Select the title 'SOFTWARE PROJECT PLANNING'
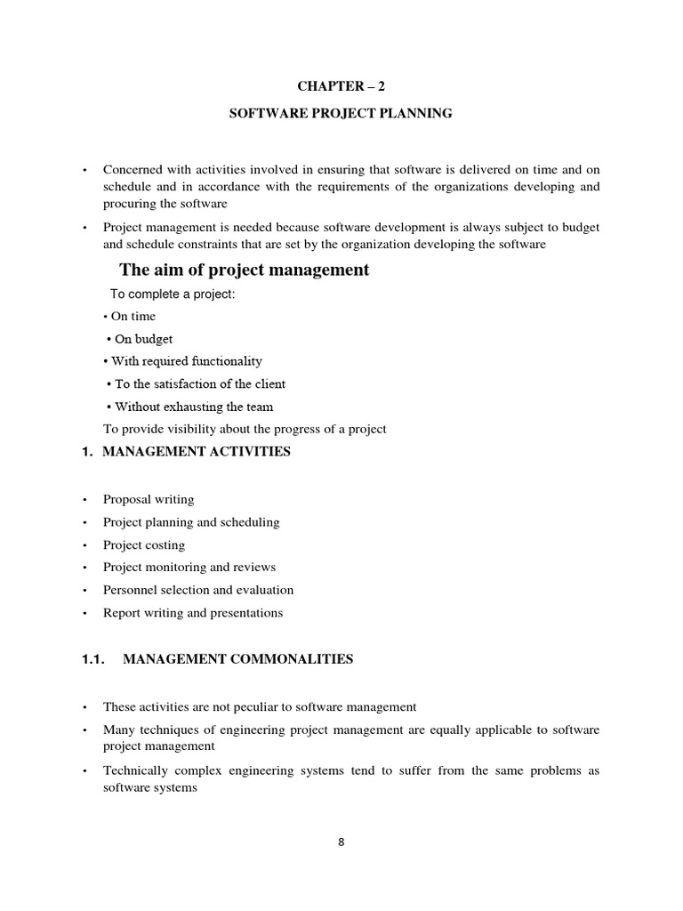tap(341, 113)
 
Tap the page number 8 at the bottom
tap(341, 843)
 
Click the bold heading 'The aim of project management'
tap(244, 270)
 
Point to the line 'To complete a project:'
tap(173, 294)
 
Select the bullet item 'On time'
tap(133, 316)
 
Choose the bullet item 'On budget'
tap(143, 339)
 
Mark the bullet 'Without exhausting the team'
tap(193, 407)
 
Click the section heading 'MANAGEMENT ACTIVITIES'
tap(197, 452)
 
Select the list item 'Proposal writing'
tap(149, 499)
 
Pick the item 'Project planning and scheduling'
tap(191, 522)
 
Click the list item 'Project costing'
tap(144, 544)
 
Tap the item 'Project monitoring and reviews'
tap(189, 567)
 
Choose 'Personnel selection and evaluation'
tap(198, 590)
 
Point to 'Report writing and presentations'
tap(193, 612)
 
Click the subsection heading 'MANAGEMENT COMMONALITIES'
tap(237, 659)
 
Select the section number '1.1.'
tap(93, 659)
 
